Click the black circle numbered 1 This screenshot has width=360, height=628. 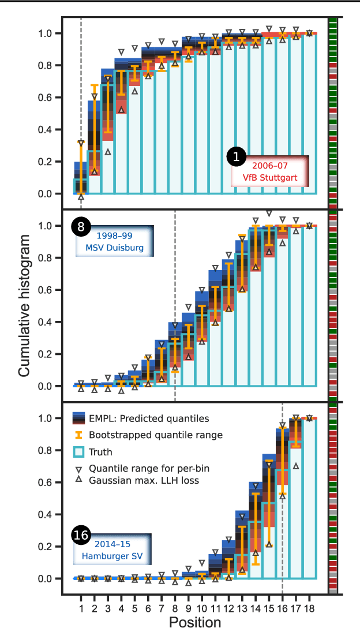(236, 156)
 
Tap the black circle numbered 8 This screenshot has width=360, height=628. (80, 227)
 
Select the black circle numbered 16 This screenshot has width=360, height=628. (81, 536)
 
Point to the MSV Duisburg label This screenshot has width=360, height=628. (110, 249)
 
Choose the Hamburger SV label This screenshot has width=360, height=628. (110, 558)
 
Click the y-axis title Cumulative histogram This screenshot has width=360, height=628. (24, 306)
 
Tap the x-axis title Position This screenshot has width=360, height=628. (194, 621)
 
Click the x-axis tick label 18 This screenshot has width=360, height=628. (309, 608)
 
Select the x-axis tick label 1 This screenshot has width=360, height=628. (81, 608)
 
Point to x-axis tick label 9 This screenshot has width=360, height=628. (188, 608)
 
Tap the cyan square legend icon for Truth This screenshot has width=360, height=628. (80, 452)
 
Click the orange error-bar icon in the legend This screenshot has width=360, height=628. (80, 435)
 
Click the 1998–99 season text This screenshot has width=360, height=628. (110, 237)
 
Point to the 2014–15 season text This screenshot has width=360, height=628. (110, 545)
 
